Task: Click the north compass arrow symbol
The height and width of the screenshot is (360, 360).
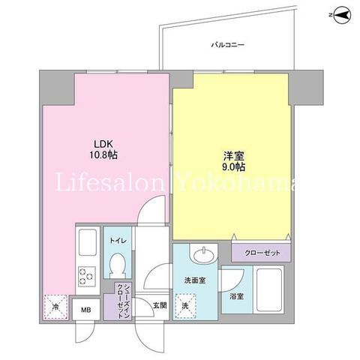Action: (341, 15)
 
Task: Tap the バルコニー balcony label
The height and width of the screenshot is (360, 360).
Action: (227, 45)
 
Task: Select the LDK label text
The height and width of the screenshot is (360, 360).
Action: (103, 144)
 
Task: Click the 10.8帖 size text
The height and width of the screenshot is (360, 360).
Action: (103, 155)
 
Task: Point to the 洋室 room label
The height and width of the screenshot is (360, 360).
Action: (233, 156)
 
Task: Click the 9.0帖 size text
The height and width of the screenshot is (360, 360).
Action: (233, 167)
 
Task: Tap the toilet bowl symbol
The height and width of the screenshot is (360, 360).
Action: (118, 265)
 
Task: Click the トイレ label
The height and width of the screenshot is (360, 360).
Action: (118, 241)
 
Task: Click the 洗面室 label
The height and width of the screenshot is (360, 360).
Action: (195, 280)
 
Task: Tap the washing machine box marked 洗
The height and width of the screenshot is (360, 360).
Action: (185, 306)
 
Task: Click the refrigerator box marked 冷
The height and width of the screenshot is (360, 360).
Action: (55, 307)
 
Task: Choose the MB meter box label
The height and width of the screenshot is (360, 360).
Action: (85, 310)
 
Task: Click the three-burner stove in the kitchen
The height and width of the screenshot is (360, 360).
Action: (87, 277)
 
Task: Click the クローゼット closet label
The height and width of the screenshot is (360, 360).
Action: (262, 253)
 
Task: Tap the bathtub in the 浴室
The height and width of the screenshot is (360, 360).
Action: (269, 289)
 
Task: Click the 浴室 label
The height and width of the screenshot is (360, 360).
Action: (237, 297)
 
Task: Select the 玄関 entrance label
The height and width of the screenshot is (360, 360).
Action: (160, 305)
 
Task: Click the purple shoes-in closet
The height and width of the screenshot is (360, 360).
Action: (119, 301)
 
